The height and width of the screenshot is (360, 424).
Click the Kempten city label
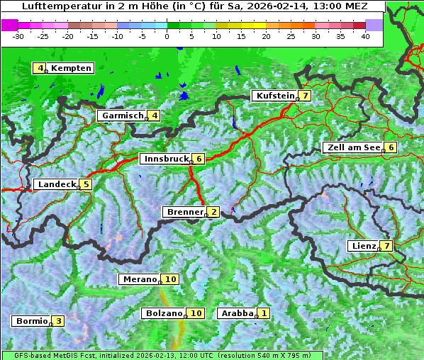tap(71, 68)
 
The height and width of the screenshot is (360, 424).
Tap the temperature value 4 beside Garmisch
tap(154, 116)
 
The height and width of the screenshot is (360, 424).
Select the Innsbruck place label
tap(166, 159)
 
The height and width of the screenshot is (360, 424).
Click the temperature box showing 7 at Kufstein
tap(304, 96)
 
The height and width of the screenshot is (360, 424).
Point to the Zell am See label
tap(352, 147)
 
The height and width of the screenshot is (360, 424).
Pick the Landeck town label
tap(56, 184)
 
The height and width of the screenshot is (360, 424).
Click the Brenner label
tap(184, 212)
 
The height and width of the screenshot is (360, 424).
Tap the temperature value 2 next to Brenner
tap(213, 212)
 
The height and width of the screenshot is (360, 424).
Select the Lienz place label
tap(364, 246)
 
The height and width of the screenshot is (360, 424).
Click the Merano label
tap(139, 279)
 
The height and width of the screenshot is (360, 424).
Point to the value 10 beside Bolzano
tap(196, 313)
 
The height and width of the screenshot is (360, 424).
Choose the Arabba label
tap(237, 313)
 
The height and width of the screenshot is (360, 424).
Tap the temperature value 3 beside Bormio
tap(58, 321)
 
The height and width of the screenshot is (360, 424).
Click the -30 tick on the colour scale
tap(18, 36)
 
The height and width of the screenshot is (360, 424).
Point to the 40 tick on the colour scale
tap(365, 36)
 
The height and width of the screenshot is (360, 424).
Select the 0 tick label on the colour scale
tap(167, 36)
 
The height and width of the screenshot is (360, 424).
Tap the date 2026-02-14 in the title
tap(266, 6)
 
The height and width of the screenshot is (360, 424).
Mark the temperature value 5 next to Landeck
tap(86, 184)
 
